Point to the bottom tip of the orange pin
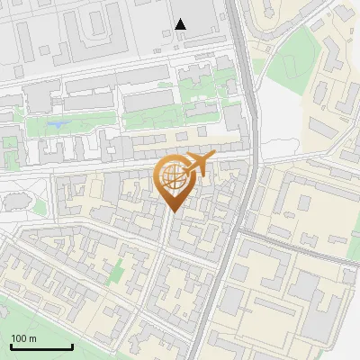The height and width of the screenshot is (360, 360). (173, 212)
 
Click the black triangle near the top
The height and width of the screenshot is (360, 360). (181, 24)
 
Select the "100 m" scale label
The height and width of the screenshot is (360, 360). (24, 338)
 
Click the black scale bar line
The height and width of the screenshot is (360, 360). (41, 347)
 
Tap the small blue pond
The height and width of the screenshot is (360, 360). (58, 123)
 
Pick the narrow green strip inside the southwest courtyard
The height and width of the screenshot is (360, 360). (116, 269)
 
